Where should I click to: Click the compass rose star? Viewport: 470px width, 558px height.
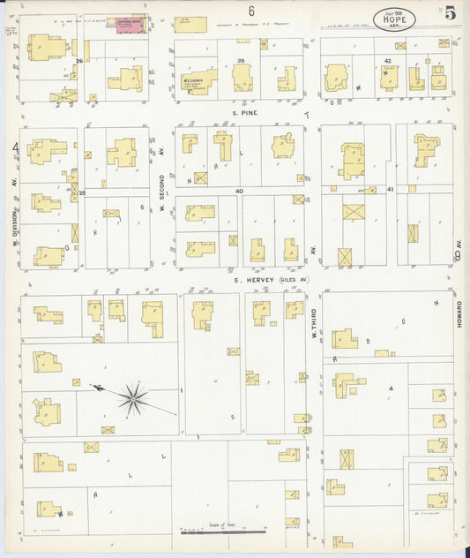134,399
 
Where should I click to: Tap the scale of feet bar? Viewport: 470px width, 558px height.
220,532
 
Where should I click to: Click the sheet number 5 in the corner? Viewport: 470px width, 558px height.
451,12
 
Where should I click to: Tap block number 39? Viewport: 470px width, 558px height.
241,60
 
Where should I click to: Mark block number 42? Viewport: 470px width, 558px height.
388,60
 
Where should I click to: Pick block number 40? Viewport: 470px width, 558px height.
238,191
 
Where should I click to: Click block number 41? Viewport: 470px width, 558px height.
389,190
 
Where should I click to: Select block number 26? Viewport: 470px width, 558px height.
78,60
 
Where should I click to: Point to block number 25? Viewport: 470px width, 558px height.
81,192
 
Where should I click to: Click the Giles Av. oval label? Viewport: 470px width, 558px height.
294,281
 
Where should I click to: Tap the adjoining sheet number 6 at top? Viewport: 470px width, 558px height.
251,11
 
